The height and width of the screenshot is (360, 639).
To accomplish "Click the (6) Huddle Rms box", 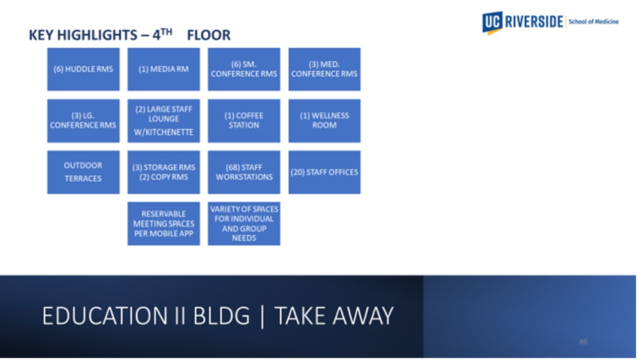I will [83, 69].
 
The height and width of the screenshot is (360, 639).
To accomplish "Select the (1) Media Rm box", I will [163, 69].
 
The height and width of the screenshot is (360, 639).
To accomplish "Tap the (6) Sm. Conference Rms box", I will [244, 69].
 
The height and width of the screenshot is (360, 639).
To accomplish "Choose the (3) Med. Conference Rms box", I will [324, 69].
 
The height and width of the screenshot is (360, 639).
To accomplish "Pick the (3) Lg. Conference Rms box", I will [83, 121].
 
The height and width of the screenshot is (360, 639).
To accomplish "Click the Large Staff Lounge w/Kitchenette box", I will [163, 121].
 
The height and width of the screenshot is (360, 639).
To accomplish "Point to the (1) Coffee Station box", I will [244, 121].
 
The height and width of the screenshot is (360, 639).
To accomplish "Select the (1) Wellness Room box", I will [324, 121].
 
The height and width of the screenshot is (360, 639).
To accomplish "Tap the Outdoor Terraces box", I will [83, 172].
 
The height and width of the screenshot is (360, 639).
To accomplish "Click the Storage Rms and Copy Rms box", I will [163, 172].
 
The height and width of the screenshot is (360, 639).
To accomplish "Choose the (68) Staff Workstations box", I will [244, 172].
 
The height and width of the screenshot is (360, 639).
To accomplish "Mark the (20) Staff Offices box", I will [324, 172].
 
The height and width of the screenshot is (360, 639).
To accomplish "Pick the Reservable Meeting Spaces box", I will [163, 224].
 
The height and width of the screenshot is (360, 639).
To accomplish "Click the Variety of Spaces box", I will [244, 224].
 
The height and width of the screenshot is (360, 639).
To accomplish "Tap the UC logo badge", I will [492, 22].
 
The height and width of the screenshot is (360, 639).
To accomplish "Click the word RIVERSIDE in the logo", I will [535, 22].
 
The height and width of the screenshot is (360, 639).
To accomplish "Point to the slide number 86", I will [583, 342].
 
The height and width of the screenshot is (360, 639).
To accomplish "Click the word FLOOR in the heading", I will [209, 36].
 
